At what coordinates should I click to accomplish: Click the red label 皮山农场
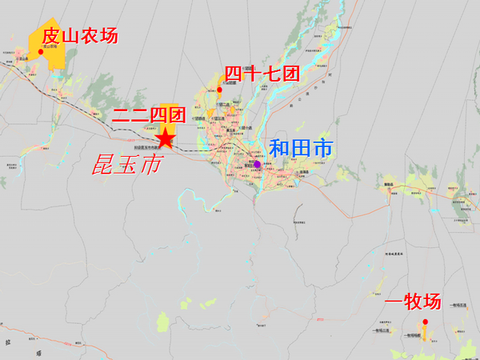point(78,36)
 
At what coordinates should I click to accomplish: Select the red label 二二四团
point(149,114)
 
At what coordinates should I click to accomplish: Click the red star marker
point(165,140)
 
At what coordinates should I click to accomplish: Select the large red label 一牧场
point(413,302)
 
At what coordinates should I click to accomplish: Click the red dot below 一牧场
point(426,322)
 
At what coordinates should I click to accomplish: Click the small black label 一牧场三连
point(381,330)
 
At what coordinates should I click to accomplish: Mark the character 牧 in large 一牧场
point(413,302)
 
